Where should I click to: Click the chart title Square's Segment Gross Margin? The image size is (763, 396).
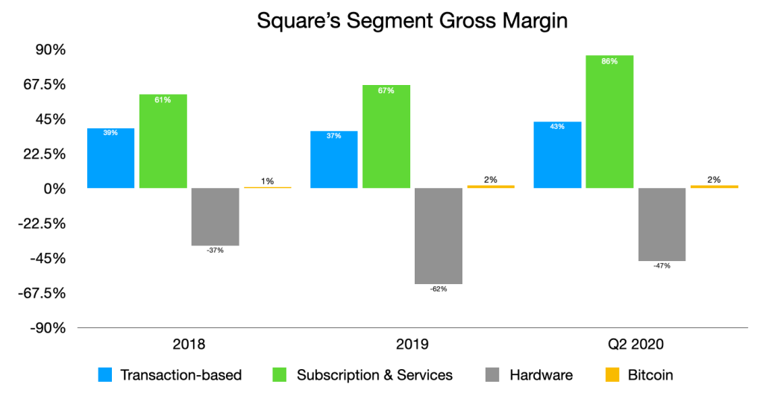(412, 20)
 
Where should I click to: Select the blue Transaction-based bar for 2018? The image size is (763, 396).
(110, 158)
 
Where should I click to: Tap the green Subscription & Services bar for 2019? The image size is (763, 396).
(386, 136)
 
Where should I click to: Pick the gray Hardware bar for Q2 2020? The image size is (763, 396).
(662, 224)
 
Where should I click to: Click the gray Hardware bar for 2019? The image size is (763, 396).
(439, 236)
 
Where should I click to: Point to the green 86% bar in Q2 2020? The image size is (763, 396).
(609, 122)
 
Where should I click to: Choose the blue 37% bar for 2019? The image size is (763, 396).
(333, 160)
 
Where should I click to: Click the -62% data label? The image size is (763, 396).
(439, 289)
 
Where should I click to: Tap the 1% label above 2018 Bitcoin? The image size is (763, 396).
(267, 180)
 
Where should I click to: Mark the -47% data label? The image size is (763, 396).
(662, 266)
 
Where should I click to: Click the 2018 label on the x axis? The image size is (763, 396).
(189, 345)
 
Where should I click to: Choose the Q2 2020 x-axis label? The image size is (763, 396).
(635, 345)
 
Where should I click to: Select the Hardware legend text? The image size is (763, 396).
(541, 375)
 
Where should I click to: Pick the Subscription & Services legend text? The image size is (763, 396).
(374, 375)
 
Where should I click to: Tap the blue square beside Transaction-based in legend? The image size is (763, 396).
(106, 375)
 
